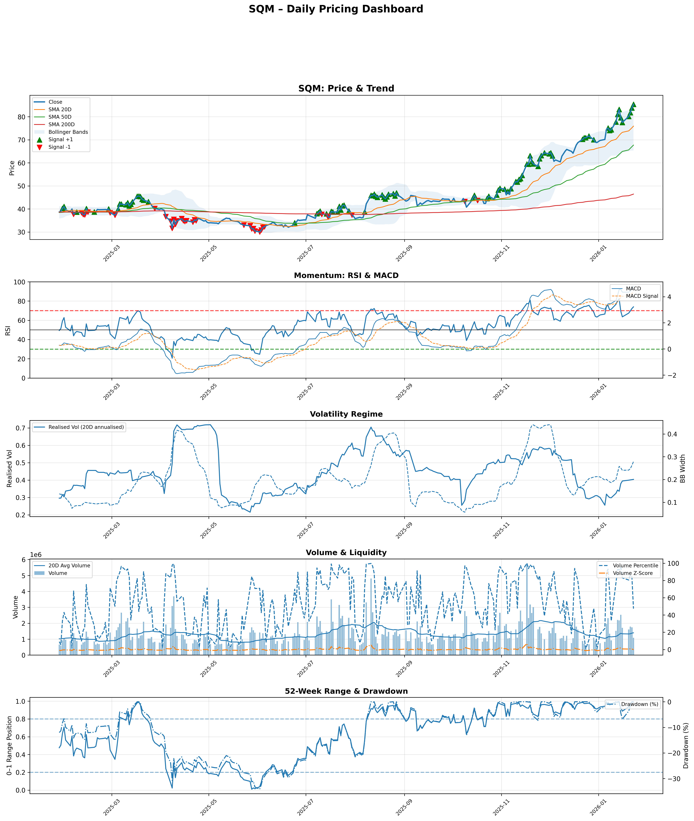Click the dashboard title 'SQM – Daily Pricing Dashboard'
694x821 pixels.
coord(336,9)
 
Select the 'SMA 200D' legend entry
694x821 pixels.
coord(61,124)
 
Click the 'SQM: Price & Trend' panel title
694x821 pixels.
coord(346,88)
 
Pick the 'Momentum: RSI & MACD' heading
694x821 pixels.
coord(346,275)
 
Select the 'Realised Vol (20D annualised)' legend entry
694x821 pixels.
coord(86,427)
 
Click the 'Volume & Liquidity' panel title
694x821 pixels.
coord(346,552)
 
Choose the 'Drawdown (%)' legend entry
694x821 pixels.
coord(639,704)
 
